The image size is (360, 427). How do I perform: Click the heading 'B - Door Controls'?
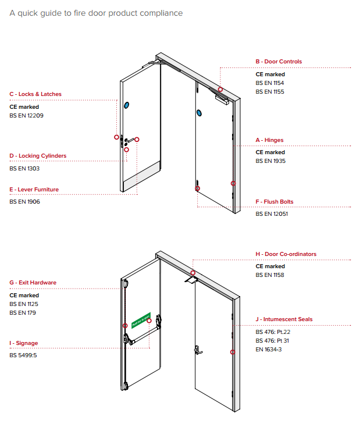coord(279,62)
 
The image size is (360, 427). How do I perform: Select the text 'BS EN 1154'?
coord(270,83)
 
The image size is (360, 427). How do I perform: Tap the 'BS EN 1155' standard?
coord(270,92)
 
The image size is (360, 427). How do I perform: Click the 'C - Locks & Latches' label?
coord(35,94)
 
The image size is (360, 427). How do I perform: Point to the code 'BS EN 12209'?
coord(26,116)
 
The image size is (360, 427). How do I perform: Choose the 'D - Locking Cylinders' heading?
coord(38,156)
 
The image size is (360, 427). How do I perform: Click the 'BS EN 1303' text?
coord(24,168)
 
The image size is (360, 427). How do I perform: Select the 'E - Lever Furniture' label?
coord(34,190)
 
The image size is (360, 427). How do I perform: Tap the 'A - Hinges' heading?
coord(270,140)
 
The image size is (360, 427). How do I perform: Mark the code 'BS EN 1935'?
coord(270,161)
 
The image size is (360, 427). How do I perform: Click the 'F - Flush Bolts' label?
coord(275,202)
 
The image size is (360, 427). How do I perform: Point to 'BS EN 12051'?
coord(272,214)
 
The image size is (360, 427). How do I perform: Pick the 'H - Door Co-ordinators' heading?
coord(286,254)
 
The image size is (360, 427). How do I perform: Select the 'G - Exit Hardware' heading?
coord(33,283)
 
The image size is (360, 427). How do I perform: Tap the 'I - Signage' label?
coord(24,343)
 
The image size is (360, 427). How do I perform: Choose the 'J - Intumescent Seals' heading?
coord(284,319)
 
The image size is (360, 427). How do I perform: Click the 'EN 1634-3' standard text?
coord(269,349)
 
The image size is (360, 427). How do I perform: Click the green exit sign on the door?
coord(141,319)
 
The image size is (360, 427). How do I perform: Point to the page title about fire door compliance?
coord(96,13)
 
